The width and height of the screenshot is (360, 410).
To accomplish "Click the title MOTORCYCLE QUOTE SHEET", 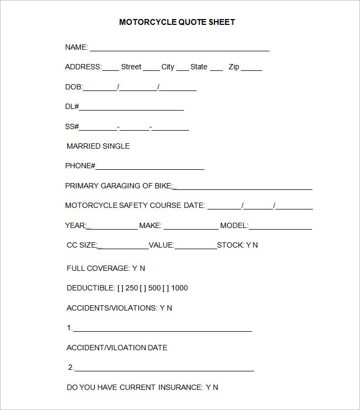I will coord(177,22).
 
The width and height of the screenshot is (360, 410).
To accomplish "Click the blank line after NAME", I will coord(179,49).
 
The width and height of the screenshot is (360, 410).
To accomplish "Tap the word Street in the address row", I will coord(131,67).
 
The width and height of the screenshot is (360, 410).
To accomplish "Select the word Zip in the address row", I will coord(234,67).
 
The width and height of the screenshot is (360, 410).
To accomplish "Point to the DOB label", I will coord(74,87).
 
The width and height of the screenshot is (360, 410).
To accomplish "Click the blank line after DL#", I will coord(131,108).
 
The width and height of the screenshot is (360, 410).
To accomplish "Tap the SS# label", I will coord(72,126).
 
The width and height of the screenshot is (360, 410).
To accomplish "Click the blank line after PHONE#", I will coord(150,168).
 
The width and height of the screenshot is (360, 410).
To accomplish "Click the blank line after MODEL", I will coord(280,227).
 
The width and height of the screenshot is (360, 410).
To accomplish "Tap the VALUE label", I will coord(161,245).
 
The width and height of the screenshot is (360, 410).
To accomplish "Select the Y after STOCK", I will coord(249,245).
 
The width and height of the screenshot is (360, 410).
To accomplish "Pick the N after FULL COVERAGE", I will coord(142,268).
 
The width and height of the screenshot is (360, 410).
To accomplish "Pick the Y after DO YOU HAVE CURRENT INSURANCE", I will coord(208,387).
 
